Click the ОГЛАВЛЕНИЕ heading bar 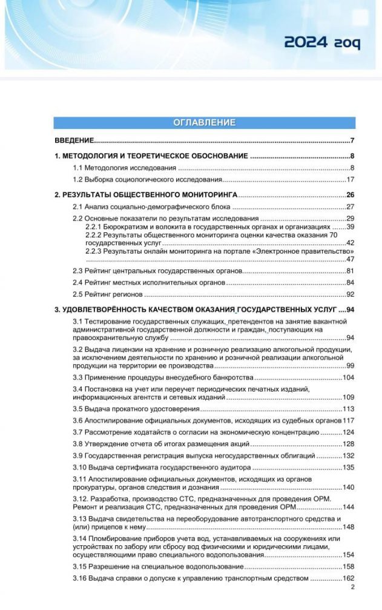204,123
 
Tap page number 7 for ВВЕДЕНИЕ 352,141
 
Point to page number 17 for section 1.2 350,180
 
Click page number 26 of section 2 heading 350,195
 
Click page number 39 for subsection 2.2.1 350,226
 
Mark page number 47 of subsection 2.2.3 350,258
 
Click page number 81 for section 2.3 350,271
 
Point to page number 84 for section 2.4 350,283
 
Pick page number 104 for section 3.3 348,378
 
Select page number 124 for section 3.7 348,432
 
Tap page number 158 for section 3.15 348,567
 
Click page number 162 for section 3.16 348,579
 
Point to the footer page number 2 352,587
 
